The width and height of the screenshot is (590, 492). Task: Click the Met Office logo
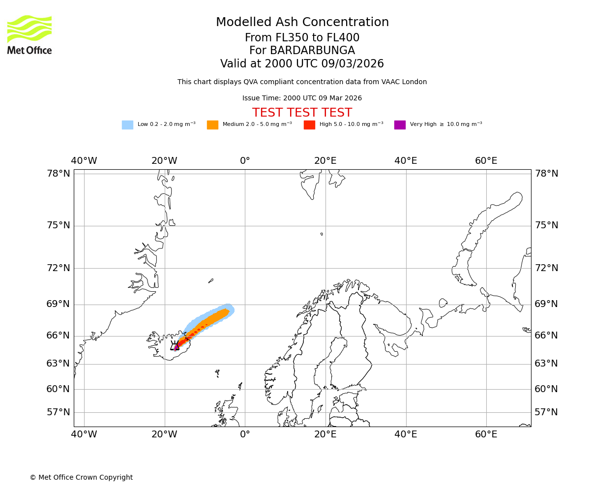29,34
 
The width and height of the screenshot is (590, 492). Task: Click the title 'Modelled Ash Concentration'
302,23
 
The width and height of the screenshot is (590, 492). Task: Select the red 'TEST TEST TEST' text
302,113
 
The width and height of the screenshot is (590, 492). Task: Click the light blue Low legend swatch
127,125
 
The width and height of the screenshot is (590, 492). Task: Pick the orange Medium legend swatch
212,125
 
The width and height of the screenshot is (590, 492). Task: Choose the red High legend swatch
309,125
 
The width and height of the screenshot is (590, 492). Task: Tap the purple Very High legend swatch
400,125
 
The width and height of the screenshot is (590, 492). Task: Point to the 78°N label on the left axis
58,174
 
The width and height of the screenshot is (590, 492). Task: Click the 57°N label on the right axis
546,412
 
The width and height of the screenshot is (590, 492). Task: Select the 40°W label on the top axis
84,161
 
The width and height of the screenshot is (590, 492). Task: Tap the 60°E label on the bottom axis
486,435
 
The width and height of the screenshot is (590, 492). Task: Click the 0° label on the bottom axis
245,435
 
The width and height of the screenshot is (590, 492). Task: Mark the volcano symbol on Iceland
175,346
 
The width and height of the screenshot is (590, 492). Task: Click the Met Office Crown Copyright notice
81,478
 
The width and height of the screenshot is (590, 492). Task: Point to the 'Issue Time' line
302,98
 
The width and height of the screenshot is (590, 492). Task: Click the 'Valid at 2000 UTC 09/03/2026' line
302,64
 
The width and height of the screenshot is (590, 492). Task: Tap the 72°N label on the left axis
58,268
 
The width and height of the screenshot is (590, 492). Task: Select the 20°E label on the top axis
325,161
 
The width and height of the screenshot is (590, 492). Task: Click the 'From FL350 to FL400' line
302,38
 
